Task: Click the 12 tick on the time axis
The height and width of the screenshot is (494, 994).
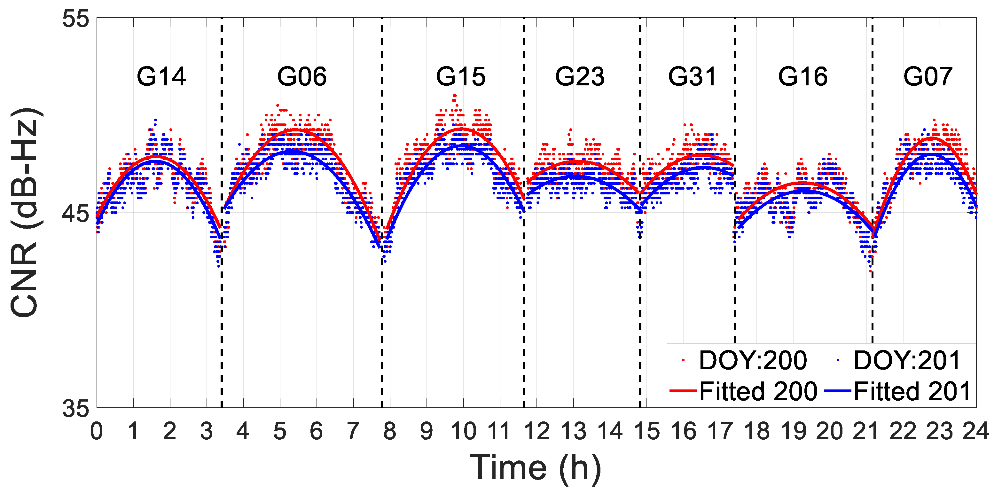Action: point(537,431)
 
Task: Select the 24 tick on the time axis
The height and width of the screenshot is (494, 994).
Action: point(975,431)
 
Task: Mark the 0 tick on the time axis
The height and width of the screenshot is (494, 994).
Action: point(97,431)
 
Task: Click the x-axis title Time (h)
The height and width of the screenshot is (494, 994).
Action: point(536,468)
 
